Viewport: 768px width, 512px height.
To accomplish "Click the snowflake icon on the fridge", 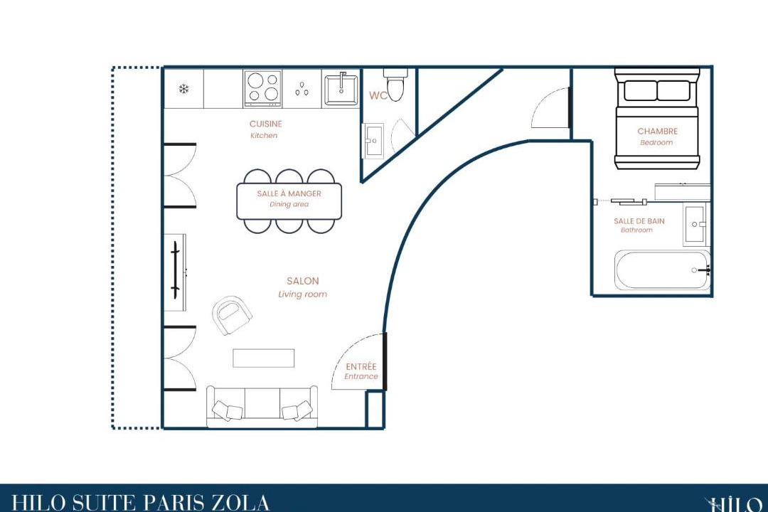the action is [183, 89].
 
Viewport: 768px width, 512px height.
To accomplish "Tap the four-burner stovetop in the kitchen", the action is [263, 89].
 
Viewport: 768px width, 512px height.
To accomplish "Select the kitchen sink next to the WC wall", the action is [341, 88].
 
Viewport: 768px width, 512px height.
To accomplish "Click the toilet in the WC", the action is [395, 85].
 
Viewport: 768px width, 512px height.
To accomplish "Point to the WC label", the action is [378, 95].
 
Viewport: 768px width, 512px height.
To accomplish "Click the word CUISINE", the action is [265, 124].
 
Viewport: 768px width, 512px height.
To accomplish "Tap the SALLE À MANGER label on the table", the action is [289, 193].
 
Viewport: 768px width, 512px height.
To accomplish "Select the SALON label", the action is [303, 281].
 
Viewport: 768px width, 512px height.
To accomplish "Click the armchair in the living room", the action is [232, 315].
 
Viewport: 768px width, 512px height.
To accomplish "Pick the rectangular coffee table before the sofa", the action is [264, 358].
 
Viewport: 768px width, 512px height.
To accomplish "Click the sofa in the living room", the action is [262, 407].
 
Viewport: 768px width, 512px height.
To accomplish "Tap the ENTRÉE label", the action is [361, 366].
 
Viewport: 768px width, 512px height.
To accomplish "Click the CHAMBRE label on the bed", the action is [657, 132].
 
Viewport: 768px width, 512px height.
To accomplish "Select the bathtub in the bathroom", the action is [662, 270].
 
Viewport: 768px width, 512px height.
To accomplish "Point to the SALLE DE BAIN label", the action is [639, 221].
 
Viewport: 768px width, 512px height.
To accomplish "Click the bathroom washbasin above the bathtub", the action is [695, 225].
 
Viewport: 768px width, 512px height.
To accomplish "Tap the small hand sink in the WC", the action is [373, 141].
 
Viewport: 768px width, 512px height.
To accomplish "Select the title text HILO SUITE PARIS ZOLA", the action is [140, 503].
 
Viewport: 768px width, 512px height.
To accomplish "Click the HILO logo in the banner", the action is [735, 504].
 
